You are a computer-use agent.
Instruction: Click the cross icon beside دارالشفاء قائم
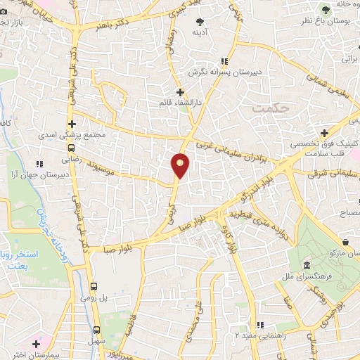[x=180, y=92]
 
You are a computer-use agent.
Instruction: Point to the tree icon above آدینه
[x=201, y=22]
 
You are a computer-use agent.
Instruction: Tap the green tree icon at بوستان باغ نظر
[x=325, y=8]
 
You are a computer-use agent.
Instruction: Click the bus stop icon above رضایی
[x=72, y=148]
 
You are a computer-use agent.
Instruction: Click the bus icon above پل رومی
[x=95, y=286]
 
